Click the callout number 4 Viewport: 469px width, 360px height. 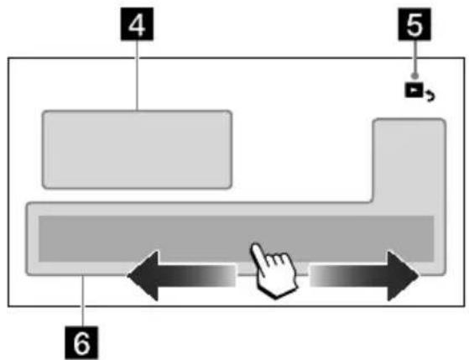pos(137,24)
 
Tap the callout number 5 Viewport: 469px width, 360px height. pos(414,24)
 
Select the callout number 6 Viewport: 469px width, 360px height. pos(81,343)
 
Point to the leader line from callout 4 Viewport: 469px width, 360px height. pos(137,76)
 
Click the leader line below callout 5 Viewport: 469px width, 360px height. pos(414,57)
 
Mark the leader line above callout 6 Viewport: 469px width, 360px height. pos(83,300)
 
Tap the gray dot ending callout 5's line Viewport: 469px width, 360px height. pos(414,76)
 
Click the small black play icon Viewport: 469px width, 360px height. pos(414,91)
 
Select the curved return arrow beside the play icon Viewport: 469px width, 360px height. pos(430,97)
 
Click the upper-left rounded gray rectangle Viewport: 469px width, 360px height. pos(137,149)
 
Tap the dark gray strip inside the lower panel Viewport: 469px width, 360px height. pos(236,238)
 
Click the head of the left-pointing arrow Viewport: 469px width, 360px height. pos(143,276)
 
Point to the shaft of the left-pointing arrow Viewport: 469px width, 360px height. pos(197,276)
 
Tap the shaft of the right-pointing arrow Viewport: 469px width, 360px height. pos(349,276)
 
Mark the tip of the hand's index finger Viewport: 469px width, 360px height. pos(254,245)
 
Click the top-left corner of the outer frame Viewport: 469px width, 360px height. pos(8,57)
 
